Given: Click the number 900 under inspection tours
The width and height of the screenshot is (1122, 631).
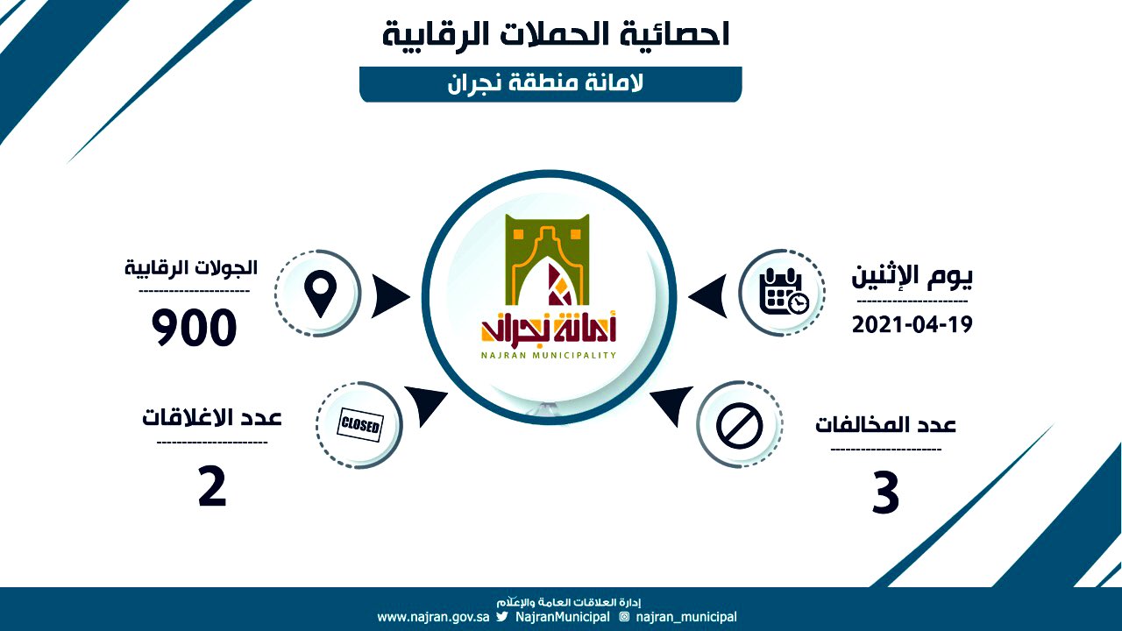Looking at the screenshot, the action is [x=194, y=328].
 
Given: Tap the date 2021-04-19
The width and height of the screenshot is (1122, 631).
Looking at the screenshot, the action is [x=913, y=325].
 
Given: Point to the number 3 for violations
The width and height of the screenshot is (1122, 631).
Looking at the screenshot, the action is [x=885, y=493].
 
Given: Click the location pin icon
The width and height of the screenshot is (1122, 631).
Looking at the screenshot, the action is [x=321, y=294].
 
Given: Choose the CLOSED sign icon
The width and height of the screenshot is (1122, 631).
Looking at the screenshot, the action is [x=360, y=425].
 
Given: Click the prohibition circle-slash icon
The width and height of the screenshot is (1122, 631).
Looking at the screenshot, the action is [x=739, y=426].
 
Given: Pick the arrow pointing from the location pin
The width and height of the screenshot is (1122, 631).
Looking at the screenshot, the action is [x=391, y=296].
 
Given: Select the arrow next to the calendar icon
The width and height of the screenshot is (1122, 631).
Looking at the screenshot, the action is [x=707, y=296].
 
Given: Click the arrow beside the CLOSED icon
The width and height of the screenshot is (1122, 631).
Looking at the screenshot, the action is [x=426, y=404].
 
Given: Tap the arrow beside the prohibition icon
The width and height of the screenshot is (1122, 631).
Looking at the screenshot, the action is [x=672, y=404].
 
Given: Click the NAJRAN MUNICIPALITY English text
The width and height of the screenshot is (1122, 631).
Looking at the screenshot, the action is [x=549, y=356].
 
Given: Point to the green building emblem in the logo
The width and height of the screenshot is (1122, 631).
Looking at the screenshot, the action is [x=548, y=260].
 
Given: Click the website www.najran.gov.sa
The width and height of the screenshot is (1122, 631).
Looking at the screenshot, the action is [x=433, y=617].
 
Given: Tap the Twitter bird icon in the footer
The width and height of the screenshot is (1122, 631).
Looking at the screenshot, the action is [x=502, y=616].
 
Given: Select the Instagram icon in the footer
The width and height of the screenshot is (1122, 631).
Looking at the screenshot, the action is [x=624, y=616].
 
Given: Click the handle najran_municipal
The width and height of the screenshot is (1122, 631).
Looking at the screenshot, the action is [x=686, y=618].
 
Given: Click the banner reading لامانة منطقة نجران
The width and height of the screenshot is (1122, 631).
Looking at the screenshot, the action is [x=550, y=84].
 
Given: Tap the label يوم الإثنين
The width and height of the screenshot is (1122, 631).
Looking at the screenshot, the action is [x=913, y=276].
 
